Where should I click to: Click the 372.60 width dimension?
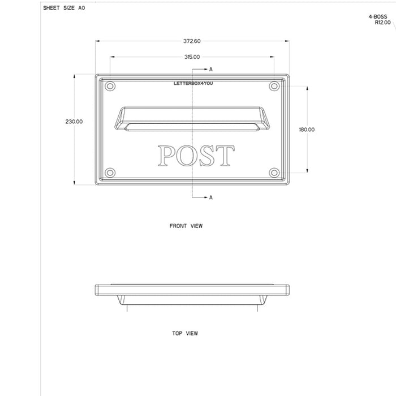192,41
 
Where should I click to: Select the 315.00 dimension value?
192,57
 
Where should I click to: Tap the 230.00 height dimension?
74,122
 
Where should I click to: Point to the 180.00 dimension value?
307,130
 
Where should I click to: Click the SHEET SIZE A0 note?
64,9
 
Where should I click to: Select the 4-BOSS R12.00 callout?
378,20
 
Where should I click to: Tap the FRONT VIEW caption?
186,226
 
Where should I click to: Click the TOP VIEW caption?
185,334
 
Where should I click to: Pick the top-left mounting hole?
110,86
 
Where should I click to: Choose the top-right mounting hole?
274,86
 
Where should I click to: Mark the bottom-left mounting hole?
110,172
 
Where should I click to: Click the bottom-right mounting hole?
274,172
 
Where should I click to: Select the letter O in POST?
187,156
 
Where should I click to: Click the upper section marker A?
210,69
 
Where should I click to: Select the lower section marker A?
210,197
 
